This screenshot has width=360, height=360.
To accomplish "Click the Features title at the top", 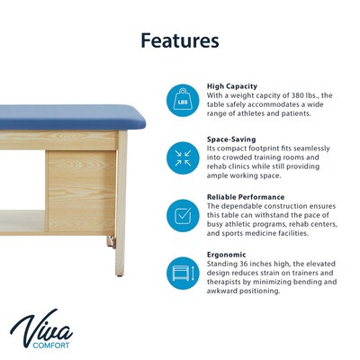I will (x=180, y=40).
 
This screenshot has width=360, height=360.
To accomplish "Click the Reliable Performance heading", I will (x=246, y=197).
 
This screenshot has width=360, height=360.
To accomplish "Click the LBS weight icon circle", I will (x=183, y=102).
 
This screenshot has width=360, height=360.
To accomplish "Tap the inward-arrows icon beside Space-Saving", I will (x=183, y=158).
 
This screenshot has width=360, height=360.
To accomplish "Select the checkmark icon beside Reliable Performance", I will (x=183, y=215).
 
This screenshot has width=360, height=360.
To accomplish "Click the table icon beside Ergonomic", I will (x=183, y=271).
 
